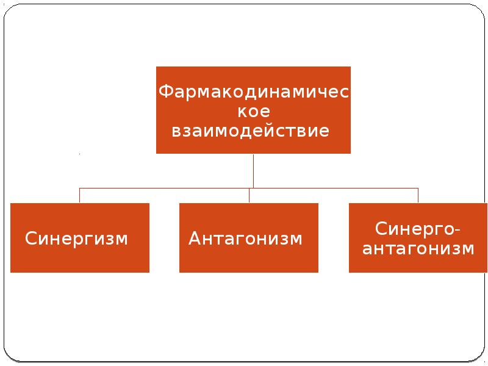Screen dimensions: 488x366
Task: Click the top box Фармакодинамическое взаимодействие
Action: (x=253, y=110)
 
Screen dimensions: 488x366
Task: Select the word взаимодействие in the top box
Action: (x=251, y=131)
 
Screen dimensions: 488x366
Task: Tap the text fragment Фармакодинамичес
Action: (x=254, y=91)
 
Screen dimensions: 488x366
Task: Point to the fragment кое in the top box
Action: (x=254, y=112)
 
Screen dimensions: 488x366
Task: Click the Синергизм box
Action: (x=80, y=238)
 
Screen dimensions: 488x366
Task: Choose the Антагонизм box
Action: (x=249, y=238)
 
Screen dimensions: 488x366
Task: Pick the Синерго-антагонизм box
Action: (x=418, y=238)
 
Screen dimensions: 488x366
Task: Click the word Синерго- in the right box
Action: (x=417, y=229)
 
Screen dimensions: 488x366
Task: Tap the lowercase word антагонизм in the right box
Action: (x=418, y=249)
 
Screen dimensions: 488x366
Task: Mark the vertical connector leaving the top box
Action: (x=253, y=171)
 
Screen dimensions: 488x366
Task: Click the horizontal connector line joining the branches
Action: (x=249, y=188)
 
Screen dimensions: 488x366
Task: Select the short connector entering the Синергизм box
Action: (x=80, y=195)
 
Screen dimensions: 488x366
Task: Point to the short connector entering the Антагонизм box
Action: (x=249, y=195)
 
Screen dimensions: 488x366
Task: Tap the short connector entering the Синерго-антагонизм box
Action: (x=418, y=195)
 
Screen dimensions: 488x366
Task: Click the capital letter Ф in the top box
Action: (x=165, y=91)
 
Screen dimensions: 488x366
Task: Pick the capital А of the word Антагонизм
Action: (x=195, y=238)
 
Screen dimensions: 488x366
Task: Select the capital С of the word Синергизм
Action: (x=31, y=238)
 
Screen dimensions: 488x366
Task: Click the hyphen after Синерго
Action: (x=457, y=231)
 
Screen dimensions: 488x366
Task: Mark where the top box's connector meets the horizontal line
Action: (x=253, y=188)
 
